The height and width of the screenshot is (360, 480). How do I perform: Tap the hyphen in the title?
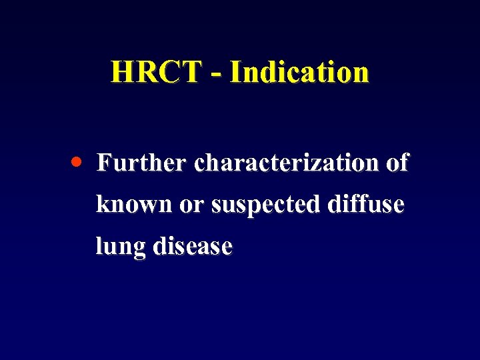click(215, 74)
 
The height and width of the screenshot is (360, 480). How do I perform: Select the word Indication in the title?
click(298, 72)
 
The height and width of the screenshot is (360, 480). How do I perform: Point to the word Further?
click(142, 163)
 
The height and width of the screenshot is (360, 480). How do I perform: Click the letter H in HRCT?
click(121, 72)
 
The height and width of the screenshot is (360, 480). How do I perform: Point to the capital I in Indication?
click(234, 72)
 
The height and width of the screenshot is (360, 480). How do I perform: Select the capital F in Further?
click(104, 163)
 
